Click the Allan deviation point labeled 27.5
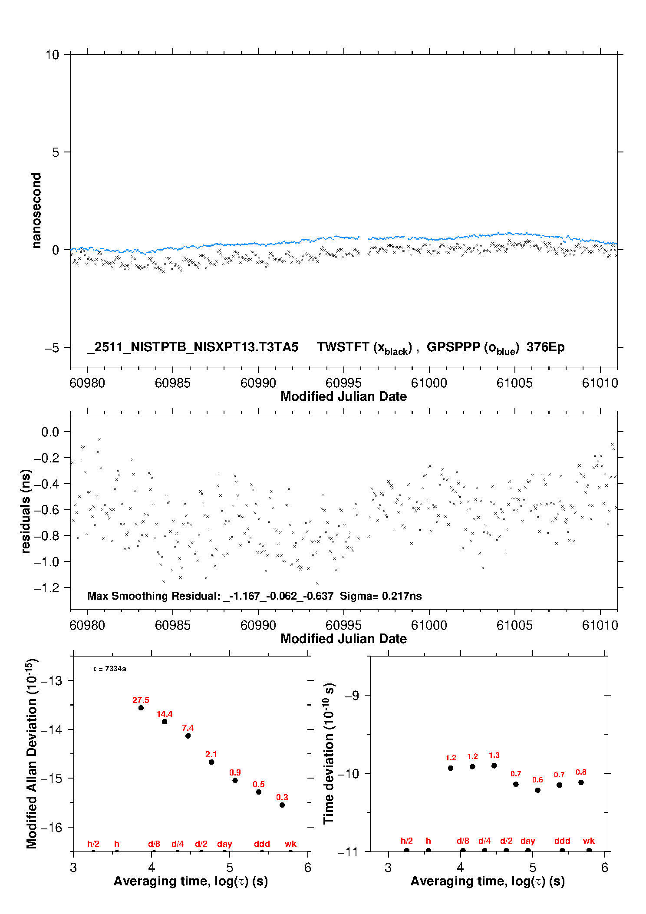[x=141, y=708]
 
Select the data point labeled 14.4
[x=165, y=722]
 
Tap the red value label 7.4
[x=188, y=728]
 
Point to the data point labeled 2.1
[x=211, y=762]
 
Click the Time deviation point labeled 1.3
[x=494, y=766]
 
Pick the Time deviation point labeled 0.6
[x=537, y=790]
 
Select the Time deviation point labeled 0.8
[x=581, y=782]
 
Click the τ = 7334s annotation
[x=109, y=669]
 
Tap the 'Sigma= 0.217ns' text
[x=381, y=596]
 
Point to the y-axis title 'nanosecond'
[x=36, y=210]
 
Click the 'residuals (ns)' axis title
[x=26, y=511]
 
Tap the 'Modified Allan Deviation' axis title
[x=32, y=753]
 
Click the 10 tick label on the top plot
[x=52, y=55]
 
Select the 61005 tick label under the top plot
[x=514, y=383]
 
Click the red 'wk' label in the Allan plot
[x=290, y=844]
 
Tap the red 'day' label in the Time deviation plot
[x=527, y=841]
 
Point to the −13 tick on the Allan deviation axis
[x=51, y=680]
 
